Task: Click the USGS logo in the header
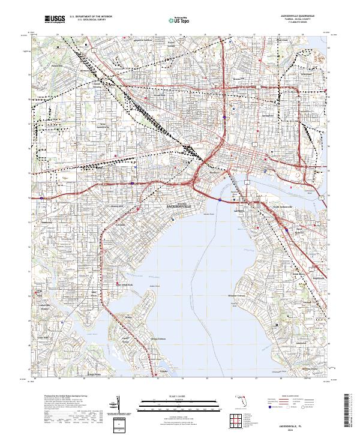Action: pyautogui.click(x=54, y=20)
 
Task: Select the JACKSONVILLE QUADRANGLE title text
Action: pyautogui.click(x=298, y=16)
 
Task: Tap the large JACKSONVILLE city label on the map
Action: pyautogui.click(x=179, y=206)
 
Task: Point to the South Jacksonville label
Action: pyautogui.click(x=282, y=208)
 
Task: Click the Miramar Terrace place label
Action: pyautogui.click(x=238, y=296)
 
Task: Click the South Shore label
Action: pyautogui.click(x=298, y=274)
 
